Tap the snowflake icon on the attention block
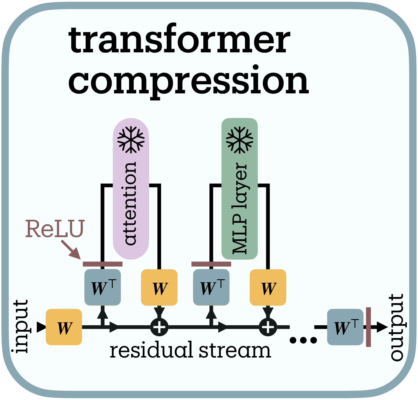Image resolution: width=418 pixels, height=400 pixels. [131, 139]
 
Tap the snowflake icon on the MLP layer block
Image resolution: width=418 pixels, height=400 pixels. [239, 139]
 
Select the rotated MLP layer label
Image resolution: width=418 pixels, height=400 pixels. [239, 208]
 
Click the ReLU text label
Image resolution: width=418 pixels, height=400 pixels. [55, 229]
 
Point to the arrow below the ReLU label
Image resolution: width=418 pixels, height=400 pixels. [70, 249]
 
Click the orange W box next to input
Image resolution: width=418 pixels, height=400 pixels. [64, 327]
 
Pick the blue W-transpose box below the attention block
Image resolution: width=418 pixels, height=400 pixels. [103, 287]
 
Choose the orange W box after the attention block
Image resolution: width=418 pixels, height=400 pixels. [159, 287]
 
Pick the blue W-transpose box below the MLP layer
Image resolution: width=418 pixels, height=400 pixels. [211, 287]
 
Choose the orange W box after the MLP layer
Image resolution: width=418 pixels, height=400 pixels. [268, 287]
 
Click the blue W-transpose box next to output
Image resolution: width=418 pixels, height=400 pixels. [345, 327]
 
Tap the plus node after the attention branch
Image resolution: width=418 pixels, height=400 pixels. [159, 327]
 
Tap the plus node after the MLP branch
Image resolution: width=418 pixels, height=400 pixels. [268, 327]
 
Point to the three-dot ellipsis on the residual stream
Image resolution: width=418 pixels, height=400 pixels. [303, 340]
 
